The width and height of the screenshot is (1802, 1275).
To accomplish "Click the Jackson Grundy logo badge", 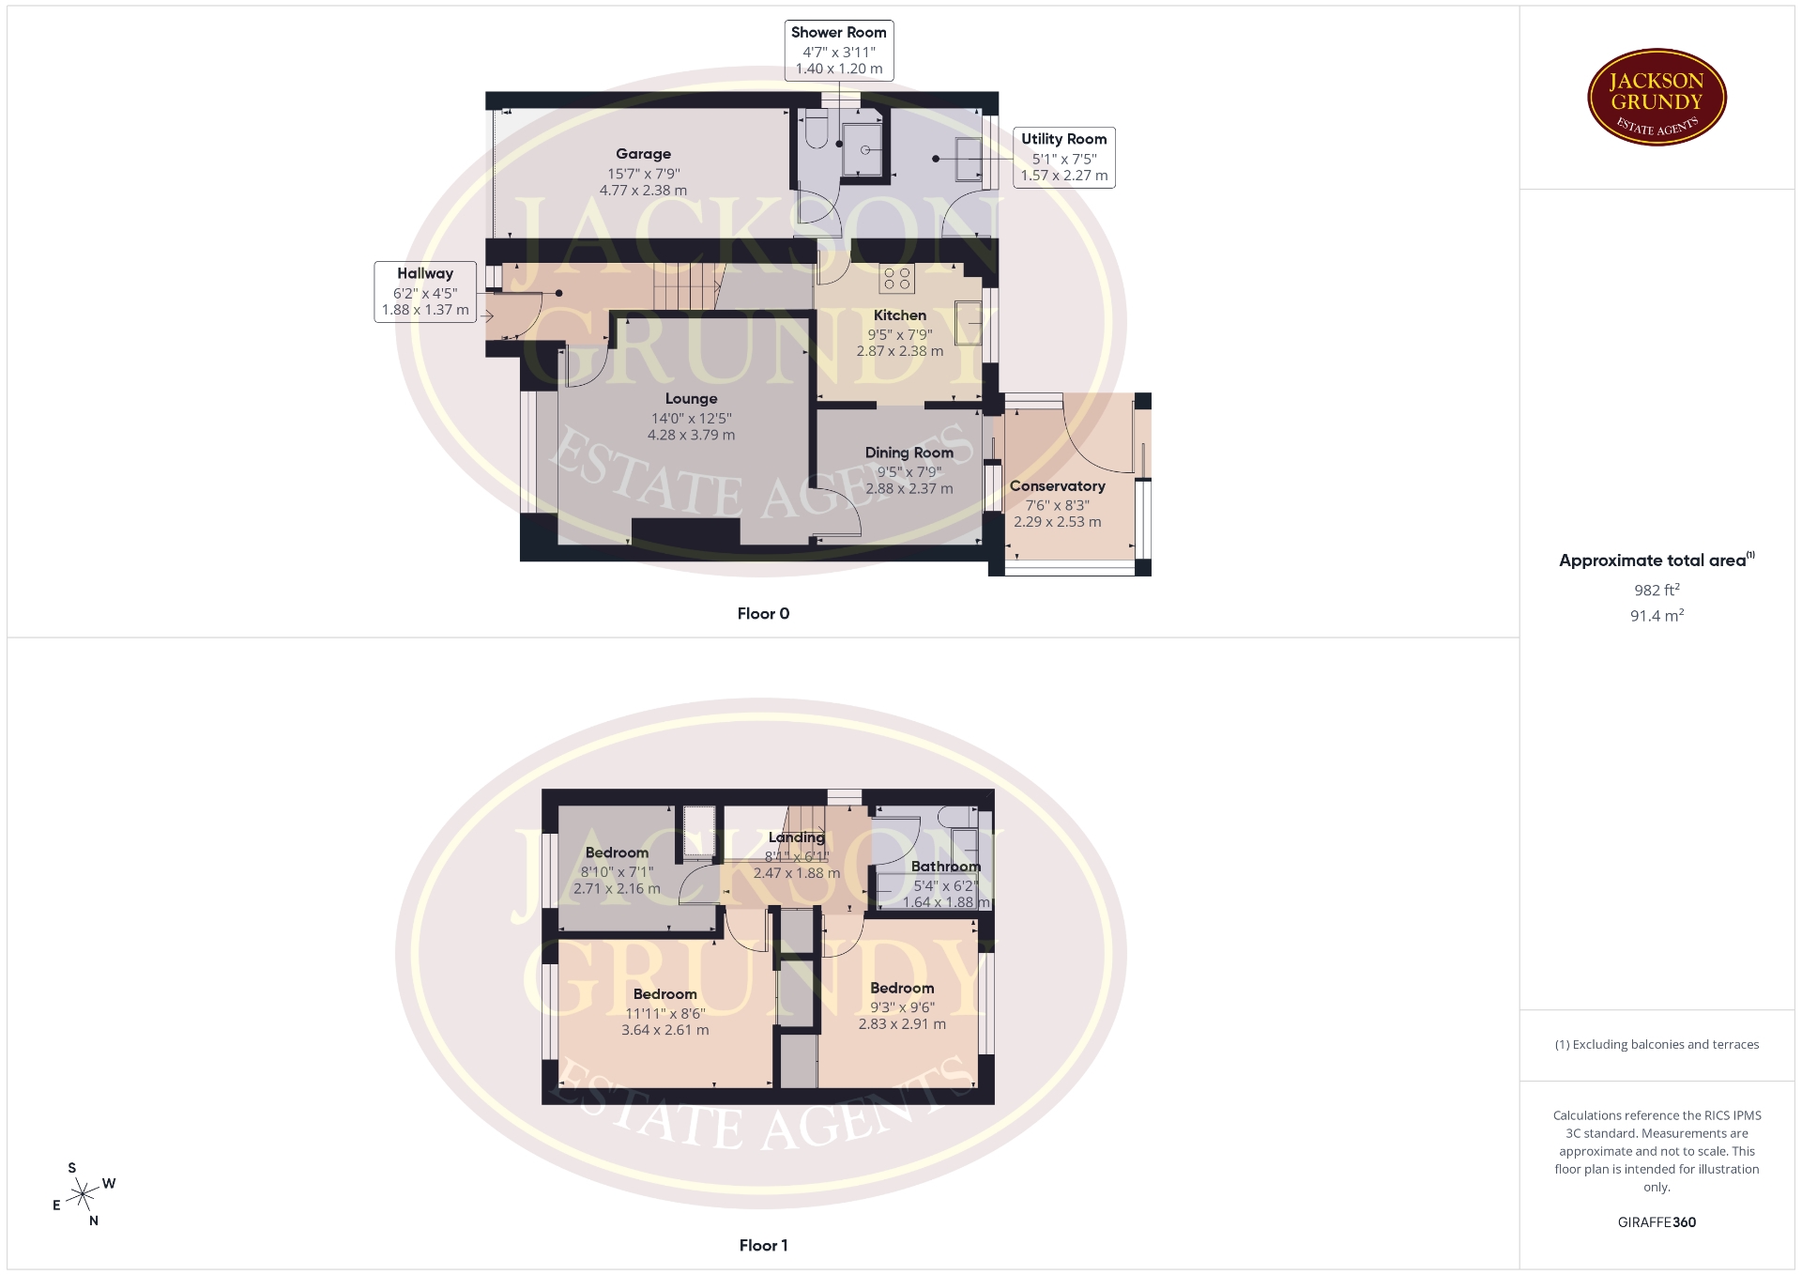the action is [1657, 98].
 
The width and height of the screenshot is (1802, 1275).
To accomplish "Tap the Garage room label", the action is [643, 154].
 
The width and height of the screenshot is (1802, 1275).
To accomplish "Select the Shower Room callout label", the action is [838, 51].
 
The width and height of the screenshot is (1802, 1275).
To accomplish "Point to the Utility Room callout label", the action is [1064, 158].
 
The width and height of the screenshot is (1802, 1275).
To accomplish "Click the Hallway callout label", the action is [425, 292].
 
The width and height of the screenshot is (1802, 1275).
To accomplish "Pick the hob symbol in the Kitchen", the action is [897, 279].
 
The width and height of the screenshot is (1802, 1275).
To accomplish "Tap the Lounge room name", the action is [691, 399].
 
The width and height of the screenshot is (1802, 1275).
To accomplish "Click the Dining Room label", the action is [909, 453].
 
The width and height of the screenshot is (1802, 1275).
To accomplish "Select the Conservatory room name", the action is [1057, 486].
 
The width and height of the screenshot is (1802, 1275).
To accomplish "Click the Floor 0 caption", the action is [763, 614].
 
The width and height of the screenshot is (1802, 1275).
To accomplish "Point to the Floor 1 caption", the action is [763, 1246].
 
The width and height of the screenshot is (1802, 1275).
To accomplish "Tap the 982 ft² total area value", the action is [1657, 591].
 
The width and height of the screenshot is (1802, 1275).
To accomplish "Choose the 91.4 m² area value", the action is [1657, 616].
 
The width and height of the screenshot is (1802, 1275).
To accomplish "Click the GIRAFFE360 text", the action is [1657, 1222].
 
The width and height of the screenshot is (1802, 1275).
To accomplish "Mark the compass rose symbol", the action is [84, 1194].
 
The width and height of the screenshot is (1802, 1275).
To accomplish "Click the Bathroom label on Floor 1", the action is [945, 867].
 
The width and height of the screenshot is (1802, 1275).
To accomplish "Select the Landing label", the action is [796, 837].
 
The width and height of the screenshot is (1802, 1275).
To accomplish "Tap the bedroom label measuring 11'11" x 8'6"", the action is [664, 994].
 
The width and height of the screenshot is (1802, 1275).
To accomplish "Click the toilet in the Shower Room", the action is [815, 131].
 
